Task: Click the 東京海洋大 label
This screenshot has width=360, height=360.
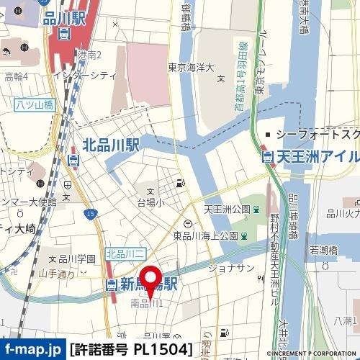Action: [x=191, y=68]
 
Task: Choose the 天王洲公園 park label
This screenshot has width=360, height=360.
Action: [x=226, y=209]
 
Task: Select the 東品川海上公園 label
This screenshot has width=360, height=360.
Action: [x=205, y=235]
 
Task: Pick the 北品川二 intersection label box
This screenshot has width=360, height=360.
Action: [x=126, y=253]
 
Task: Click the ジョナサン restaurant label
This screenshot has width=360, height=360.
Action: [x=231, y=268]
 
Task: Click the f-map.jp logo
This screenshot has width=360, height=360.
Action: [x=32, y=350]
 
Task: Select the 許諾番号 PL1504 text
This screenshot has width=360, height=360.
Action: [x=132, y=350]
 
